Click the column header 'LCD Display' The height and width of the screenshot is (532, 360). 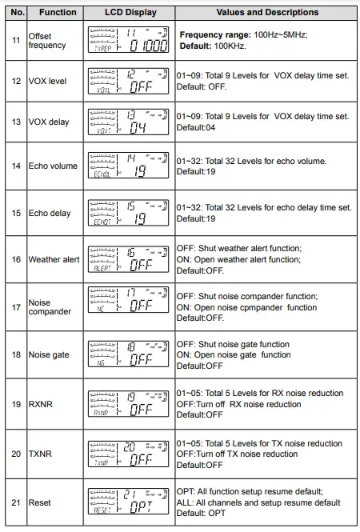click(x=131, y=12)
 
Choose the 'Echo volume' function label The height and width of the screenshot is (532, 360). click(x=53, y=166)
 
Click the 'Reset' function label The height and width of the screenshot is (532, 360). click(x=42, y=502)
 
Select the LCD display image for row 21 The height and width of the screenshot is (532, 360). click(x=131, y=502)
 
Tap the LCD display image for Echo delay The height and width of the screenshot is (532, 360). click(x=131, y=213)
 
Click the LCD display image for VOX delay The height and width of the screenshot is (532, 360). click(x=131, y=122)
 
